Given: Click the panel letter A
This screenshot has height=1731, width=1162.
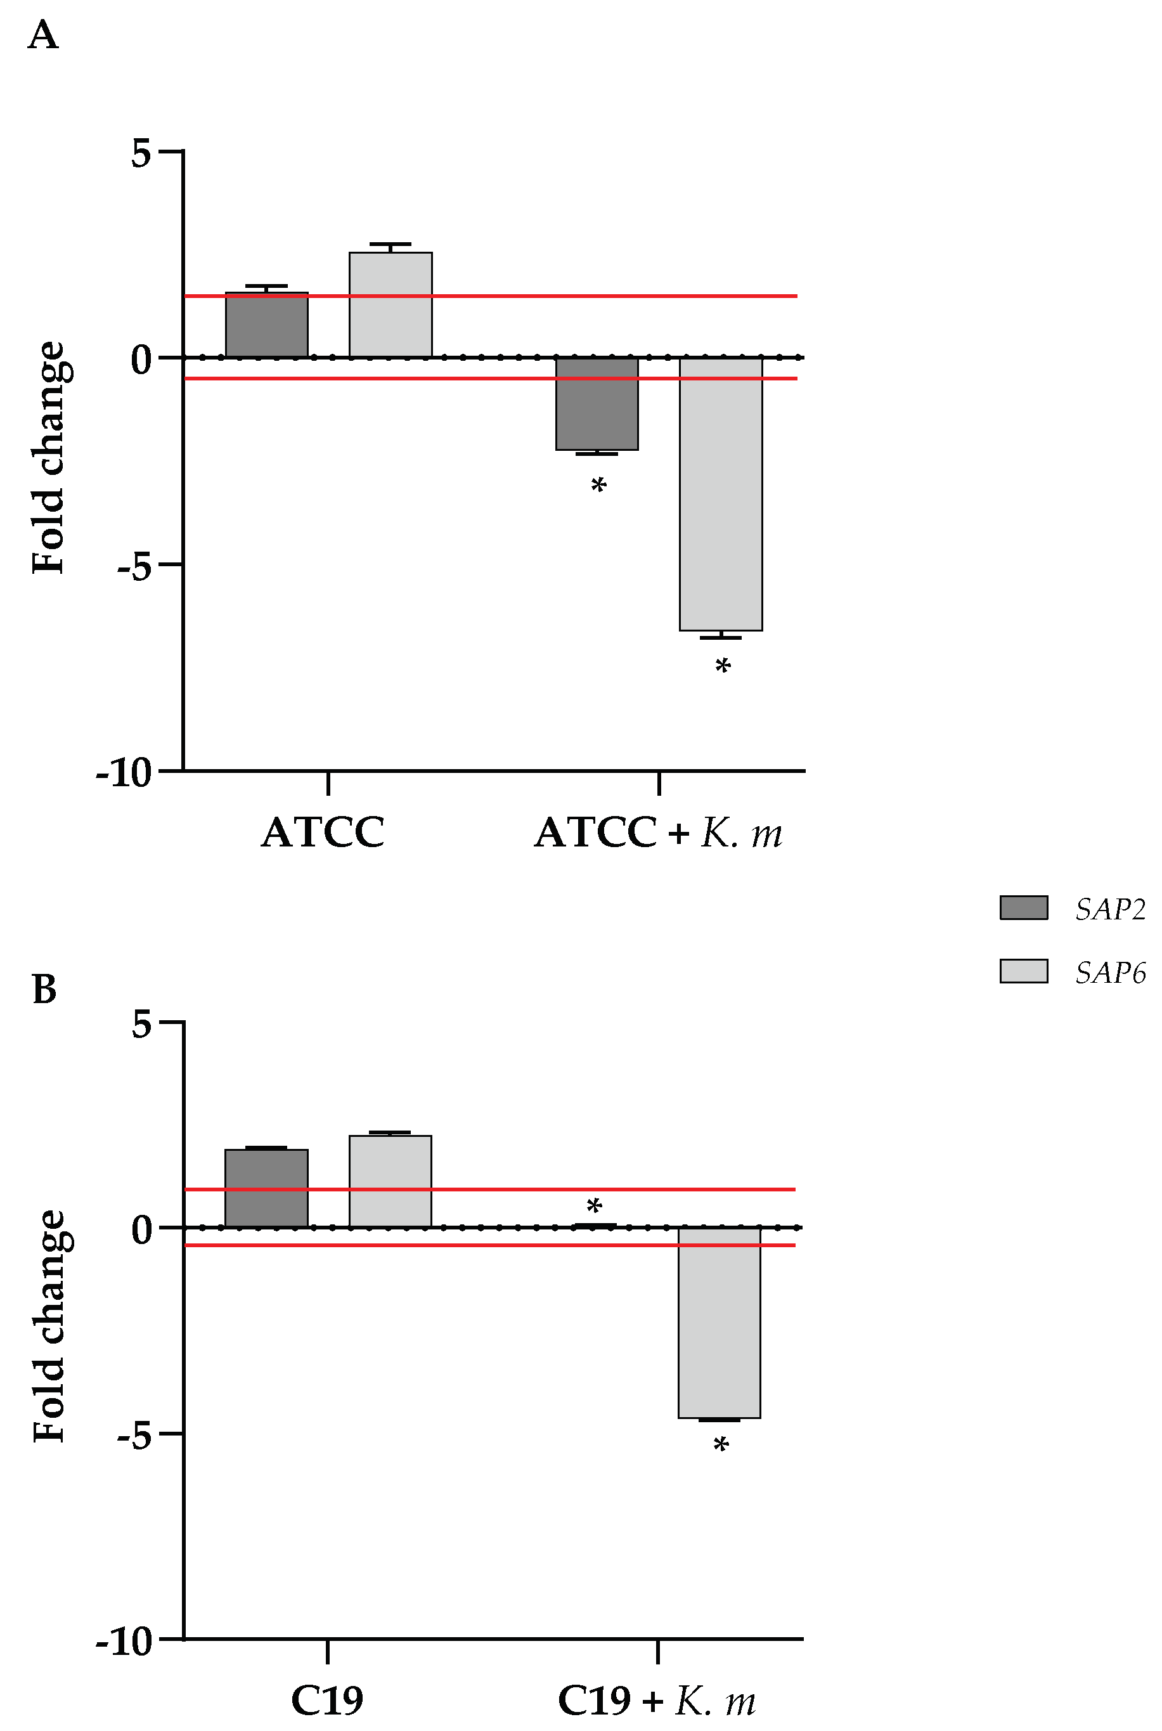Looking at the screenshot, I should click(43, 36).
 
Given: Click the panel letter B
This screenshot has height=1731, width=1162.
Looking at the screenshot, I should click(44, 989).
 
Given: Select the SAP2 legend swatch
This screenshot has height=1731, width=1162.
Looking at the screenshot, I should click(1023, 908).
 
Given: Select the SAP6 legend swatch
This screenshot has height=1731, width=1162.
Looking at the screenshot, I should click(1023, 971).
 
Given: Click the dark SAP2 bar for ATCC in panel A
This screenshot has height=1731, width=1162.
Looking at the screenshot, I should click(267, 326).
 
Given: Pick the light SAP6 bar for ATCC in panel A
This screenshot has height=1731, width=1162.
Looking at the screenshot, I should click(391, 305).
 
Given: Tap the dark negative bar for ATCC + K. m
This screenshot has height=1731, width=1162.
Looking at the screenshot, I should click(597, 404).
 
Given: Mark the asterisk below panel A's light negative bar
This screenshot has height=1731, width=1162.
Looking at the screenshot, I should click(723, 667).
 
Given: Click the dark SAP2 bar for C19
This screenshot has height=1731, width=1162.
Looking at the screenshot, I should click(267, 1189).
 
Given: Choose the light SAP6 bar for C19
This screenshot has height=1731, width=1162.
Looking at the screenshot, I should click(391, 1181).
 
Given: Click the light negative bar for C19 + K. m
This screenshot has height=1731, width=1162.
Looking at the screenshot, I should click(719, 1323).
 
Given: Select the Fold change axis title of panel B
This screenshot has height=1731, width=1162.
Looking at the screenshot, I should click(50, 1326).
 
